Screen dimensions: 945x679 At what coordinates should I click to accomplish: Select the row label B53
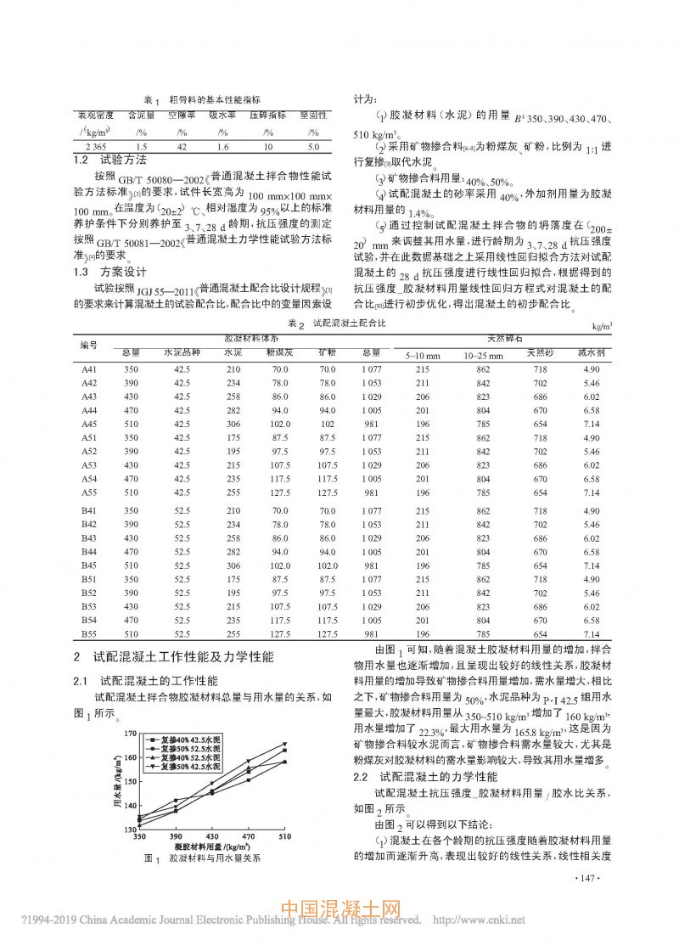tap(88, 607)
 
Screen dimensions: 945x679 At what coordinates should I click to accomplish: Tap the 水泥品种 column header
tap(181, 351)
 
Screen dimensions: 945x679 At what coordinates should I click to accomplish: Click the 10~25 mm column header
tap(483, 356)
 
